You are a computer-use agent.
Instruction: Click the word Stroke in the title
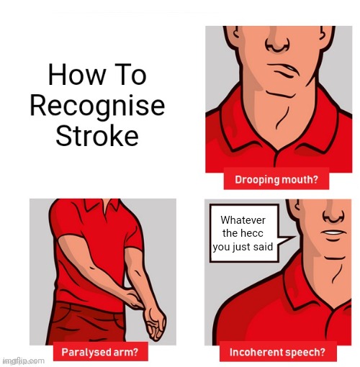96,135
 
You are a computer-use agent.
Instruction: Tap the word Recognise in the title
96,106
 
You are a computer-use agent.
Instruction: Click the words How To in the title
96,76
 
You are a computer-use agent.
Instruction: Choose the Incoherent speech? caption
278,352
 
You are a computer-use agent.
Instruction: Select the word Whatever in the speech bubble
244,220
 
